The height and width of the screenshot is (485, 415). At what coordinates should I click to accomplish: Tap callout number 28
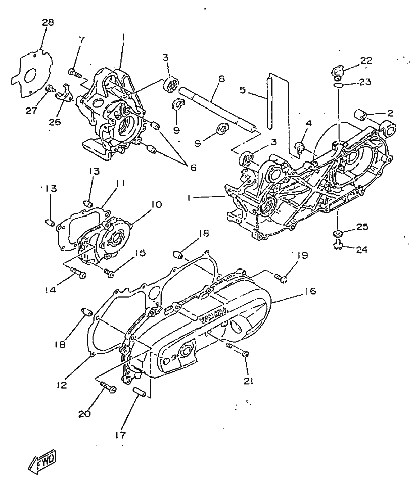pyautogui.click(x=48, y=22)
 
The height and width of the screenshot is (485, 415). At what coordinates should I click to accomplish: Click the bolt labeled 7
pyautogui.click(x=75, y=73)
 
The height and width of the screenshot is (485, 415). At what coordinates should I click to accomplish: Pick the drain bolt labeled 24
pyautogui.click(x=337, y=244)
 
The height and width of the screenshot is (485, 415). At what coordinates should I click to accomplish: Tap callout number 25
pyautogui.click(x=362, y=227)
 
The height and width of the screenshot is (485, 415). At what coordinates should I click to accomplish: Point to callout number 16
pyautogui.click(x=310, y=291)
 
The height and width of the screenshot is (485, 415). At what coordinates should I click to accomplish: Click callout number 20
pyautogui.click(x=84, y=413)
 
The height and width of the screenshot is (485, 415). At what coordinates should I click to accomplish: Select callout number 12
pyautogui.click(x=62, y=385)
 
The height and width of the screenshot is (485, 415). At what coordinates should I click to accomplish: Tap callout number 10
pyautogui.click(x=157, y=205)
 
